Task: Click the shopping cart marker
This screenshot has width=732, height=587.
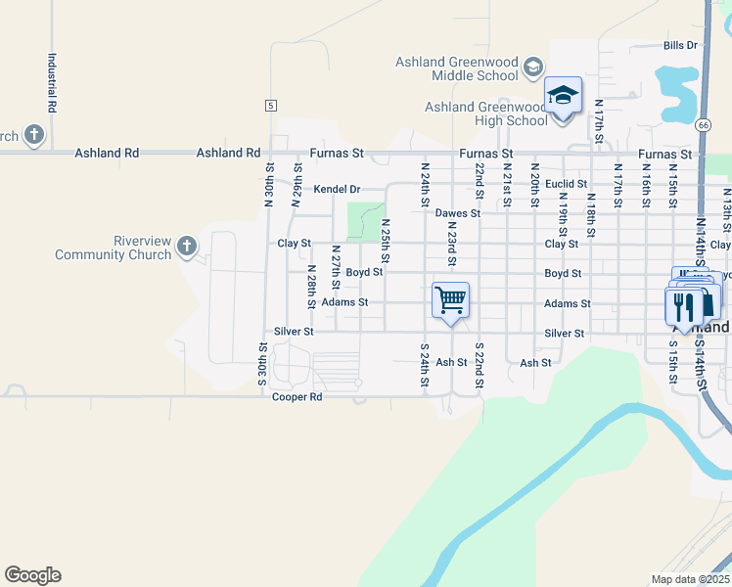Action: coord(450,299)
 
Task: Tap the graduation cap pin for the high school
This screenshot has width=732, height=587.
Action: coord(563,96)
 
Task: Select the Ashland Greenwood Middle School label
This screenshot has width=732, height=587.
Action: coord(456,68)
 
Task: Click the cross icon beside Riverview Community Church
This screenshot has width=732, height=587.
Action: coord(187,248)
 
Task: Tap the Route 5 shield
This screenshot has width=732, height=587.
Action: coord(270,105)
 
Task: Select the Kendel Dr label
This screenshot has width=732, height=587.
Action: coord(337,189)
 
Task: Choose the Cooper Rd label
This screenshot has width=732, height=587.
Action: coord(297,397)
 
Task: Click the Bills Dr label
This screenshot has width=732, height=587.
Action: coord(679,45)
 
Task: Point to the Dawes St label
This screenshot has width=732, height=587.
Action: coord(458,212)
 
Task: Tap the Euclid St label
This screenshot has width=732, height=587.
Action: coord(566,183)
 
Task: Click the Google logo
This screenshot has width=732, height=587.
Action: coord(32,575)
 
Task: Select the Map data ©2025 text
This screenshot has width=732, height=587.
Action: coord(690,579)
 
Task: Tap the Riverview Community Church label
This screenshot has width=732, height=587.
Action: coord(114,248)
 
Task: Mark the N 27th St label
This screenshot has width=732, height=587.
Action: coord(335,267)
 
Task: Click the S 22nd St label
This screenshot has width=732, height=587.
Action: coord(479,365)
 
